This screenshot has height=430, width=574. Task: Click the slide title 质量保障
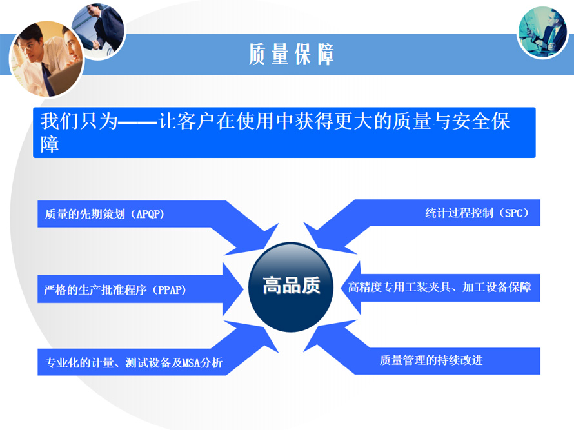click(x=292, y=54)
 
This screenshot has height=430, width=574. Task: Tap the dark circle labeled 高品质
click(x=291, y=288)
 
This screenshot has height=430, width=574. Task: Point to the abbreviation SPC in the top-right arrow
click(x=514, y=213)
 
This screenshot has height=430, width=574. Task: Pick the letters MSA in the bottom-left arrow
click(x=191, y=363)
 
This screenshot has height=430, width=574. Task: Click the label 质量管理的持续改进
click(x=431, y=360)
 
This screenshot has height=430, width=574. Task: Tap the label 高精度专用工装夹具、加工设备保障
click(x=439, y=287)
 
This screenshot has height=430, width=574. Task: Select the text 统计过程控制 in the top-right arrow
click(x=459, y=213)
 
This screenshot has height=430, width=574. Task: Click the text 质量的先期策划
click(x=85, y=214)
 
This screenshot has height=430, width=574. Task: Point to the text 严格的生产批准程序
click(x=95, y=290)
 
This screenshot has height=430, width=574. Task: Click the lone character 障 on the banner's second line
click(x=50, y=144)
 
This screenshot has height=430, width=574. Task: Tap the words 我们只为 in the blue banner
click(x=79, y=121)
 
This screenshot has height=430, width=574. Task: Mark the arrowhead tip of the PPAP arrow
click(x=243, y=289)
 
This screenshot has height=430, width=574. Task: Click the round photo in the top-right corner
click(x=542, y=32)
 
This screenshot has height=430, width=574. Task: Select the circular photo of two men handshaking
click(x=98, y=31)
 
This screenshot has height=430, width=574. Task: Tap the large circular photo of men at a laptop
click(x=47, y=59)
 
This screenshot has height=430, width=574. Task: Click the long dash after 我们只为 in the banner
click(x=138, y=121)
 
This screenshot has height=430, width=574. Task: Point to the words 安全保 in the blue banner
click(x=481, y=121)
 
